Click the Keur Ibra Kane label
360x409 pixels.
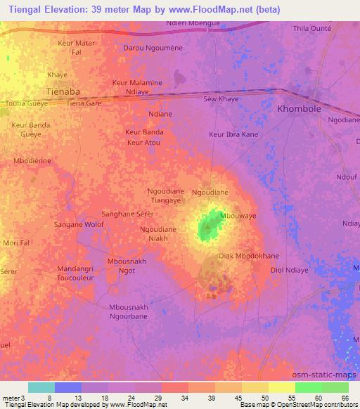[233, 134]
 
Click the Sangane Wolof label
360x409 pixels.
[79, 225]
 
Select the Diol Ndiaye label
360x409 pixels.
[290, 270]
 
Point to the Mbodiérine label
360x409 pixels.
[33, 161]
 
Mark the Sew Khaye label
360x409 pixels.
[221, 99]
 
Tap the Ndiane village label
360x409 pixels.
[160, 114]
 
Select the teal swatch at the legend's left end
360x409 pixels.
[41, 387]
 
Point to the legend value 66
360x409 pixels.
[345, 398]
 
